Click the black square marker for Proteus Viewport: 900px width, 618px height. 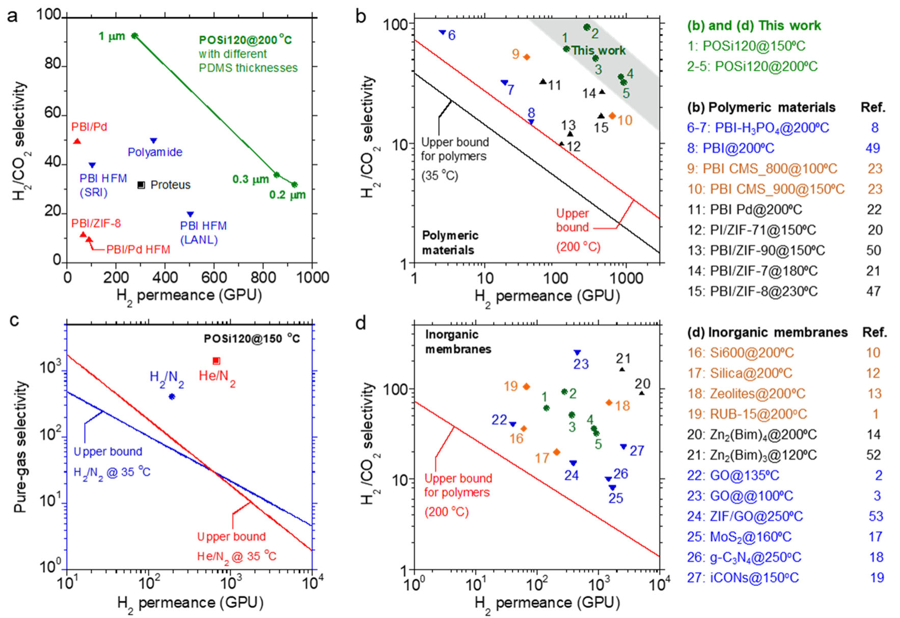(x=141, y=185)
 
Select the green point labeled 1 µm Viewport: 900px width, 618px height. (x=134, y=36)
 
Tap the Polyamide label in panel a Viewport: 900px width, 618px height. (x=155, y=152)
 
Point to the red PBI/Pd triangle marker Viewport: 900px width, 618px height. (x=77, y=141)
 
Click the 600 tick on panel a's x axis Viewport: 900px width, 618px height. (x=214, y=277)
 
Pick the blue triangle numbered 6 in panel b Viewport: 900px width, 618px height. (x=442, y=33)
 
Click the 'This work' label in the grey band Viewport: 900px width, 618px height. (x=598, y=50)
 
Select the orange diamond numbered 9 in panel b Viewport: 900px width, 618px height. (x=527, y=57)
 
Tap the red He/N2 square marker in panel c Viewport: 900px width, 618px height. (x=216, y=361)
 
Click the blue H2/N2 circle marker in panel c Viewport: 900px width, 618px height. (x=172, y=397)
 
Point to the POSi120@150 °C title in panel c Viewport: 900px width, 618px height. (x=252, y=339)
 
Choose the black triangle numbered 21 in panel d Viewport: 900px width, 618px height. (x=622, y=369)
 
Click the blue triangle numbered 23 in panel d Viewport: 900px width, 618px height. (x=577, y=352)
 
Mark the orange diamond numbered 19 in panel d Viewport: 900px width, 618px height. (x=527, y=387)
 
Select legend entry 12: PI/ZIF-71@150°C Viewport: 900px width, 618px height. (x=751, y=230)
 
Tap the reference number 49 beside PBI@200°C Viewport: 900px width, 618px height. (x=872, y=148)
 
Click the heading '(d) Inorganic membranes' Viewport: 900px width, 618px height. (x=767, y=332)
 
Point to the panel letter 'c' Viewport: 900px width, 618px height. (x=14, y=321)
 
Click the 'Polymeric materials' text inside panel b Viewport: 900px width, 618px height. (x=450, y=242)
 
